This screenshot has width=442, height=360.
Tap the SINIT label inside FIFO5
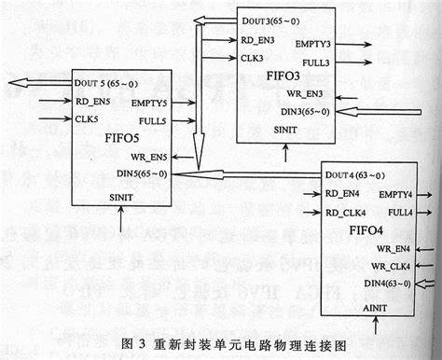click(121, 197)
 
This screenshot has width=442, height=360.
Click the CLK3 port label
click(252, 58)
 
